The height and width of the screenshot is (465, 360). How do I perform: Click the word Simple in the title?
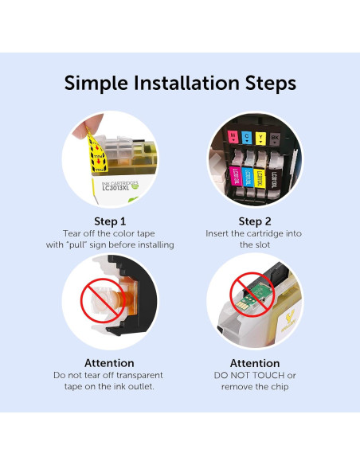[96, 84]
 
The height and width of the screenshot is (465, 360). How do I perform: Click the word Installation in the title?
[186, 83]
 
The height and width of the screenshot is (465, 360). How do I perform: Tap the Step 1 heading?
[110, 221]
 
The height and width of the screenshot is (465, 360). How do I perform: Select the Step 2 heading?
[255, 221]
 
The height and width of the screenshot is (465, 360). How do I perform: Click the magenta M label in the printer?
[233, 137]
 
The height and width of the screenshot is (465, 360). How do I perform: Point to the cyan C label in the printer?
[247, 138]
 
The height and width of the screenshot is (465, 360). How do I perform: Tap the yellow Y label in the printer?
[260, 139]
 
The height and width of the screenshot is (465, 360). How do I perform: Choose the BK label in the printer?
[275, 139]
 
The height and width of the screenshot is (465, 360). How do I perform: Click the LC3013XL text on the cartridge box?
[116, 188]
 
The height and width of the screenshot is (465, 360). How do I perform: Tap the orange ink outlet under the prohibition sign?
[124, 299]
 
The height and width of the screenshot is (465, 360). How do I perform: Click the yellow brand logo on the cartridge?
[289, 322]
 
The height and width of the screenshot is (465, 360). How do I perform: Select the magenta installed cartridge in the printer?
[235, 176]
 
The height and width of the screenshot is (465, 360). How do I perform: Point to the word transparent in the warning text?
[139, 376]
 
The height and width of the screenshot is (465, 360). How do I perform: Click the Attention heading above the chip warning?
[255, 363]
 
